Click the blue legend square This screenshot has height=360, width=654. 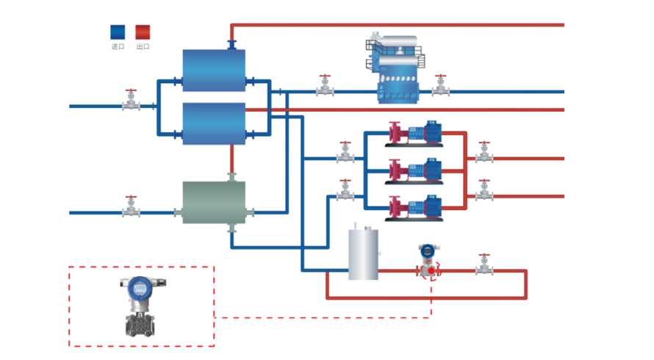click(118, 32)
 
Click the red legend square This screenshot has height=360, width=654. click(143, 32)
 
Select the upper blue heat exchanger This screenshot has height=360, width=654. click(214, 70)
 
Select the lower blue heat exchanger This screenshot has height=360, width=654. click(214, 123)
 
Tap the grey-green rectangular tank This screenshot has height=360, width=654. click(214, 202)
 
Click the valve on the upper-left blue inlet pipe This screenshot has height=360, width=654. click(131, 101)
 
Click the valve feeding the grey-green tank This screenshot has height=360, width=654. click(131, 208)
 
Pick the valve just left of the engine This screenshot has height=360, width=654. click(325, 87)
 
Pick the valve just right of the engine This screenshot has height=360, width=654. click(440, 87)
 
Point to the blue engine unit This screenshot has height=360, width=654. click(397, 70)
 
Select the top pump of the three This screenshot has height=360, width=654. click(415, 133)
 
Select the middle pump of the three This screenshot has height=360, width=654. click(415, 170)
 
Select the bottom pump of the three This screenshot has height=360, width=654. click(415, 208)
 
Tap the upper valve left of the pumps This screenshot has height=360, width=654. click(345, 154)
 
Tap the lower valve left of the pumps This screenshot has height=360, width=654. click(345, 192)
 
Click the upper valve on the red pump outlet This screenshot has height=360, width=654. click(484, 154)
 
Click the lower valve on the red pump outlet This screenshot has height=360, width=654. click(484, 192)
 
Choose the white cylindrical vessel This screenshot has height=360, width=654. click(363, 254)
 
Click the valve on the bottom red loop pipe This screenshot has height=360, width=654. click(484, 266)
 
